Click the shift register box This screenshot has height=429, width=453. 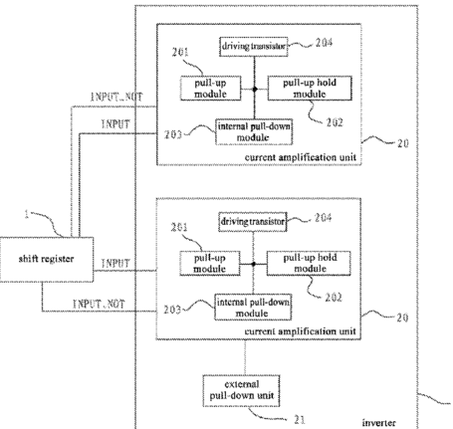(47, 260)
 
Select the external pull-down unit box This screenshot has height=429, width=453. (241, 390)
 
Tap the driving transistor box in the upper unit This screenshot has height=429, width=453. (254, 47)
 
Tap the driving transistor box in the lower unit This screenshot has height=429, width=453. (253, 222)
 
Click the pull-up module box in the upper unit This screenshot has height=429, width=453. (210, 89)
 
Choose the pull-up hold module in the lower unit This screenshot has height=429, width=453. (309, 264)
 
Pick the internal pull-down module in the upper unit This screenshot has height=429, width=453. (254, 131)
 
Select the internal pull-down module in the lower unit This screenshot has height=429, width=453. (253, 307)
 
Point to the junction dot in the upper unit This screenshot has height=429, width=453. (255, 89)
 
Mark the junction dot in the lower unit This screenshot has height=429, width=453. (254, 264)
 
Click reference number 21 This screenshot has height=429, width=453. (300, 419)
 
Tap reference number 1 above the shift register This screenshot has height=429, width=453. (27, 214)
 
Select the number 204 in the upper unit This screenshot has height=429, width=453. (324, 43)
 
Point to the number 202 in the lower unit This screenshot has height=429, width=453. (334, 298)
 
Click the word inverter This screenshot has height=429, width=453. (378, 423)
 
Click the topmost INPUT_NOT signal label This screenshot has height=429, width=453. (116, 97)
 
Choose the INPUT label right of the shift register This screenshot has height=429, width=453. (115, 264)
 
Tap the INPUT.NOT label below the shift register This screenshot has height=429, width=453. (99, 304)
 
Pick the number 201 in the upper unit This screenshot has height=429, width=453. (180, 52)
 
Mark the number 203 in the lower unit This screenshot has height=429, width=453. (172, 310)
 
